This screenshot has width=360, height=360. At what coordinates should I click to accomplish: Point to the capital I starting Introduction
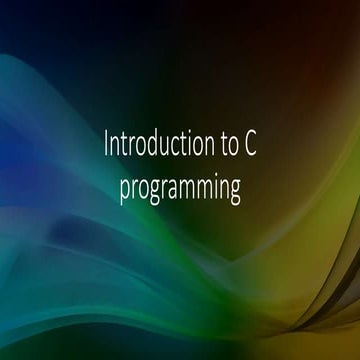click(107, 146)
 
